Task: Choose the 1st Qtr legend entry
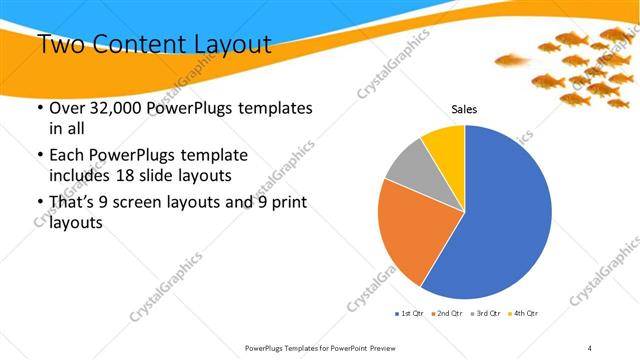pos(410,314)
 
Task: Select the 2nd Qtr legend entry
pos(446,314)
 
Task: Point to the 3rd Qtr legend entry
pos(485,314)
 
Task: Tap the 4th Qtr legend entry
pos(523,314)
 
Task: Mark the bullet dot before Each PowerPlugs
pos(39,156)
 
